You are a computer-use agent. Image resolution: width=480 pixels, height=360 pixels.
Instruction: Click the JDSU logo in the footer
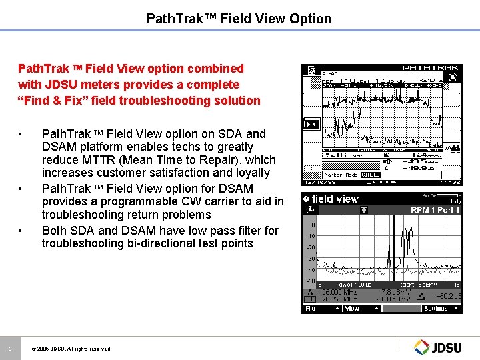pos(439,346)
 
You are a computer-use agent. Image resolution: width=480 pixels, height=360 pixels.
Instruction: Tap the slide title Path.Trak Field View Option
pos(239,19)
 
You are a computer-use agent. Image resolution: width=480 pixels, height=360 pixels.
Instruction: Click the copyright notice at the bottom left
pos(71,349)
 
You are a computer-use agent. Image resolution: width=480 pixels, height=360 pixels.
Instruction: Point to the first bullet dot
pos(23,134)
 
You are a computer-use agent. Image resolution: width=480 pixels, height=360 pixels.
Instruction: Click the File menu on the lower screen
pos(311,309)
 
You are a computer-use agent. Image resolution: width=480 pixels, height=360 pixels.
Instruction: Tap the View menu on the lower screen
pos(351,309)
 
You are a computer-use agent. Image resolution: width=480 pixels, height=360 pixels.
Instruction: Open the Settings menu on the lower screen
pos(436,309)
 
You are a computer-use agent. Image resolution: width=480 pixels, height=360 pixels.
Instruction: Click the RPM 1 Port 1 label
pos(435,211)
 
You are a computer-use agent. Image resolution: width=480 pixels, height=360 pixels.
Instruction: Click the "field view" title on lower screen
pos(335,199)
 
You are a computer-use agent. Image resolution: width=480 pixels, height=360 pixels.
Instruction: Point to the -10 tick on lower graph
pos(310,236)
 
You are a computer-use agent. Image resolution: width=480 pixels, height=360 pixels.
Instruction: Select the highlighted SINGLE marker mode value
pos(370,175)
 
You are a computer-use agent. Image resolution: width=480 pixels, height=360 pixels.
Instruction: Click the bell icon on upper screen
pos(453,77)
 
